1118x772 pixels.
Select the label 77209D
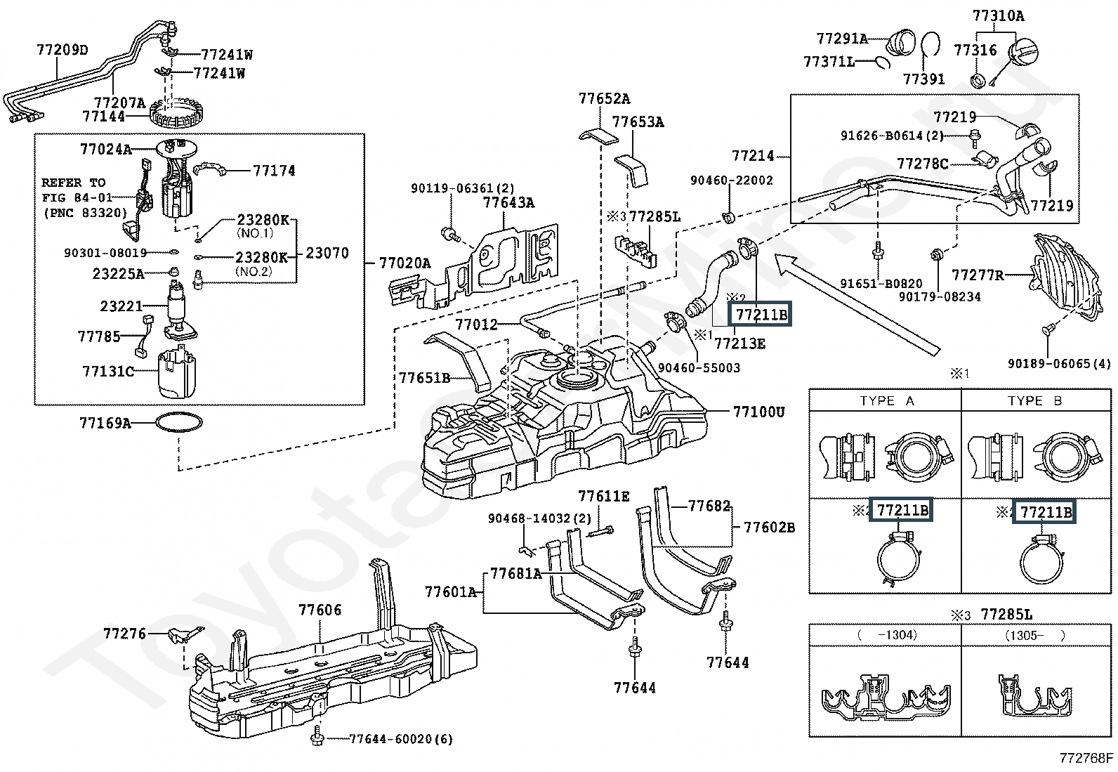(x=63, y=50)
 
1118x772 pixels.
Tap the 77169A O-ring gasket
(x=178, y=423)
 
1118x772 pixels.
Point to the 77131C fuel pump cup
(x=176, y=371)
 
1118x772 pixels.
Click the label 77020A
(x=405, y=263)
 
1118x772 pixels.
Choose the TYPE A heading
(x=887, y=401)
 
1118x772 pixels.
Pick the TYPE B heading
(x=1034, y=401)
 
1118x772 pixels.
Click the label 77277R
(x=977, y=275)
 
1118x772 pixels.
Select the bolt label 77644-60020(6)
(x=401, y=739)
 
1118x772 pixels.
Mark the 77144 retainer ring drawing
(x=178, y=112)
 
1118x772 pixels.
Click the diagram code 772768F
(x=1086, y=759)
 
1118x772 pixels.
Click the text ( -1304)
(x=886, y=635)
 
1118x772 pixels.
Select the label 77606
(x=320, y=610)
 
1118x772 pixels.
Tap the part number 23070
(x=327, y=253)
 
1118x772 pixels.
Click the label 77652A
(x=604, y=99)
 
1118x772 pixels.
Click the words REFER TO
(x=73, y=183)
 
